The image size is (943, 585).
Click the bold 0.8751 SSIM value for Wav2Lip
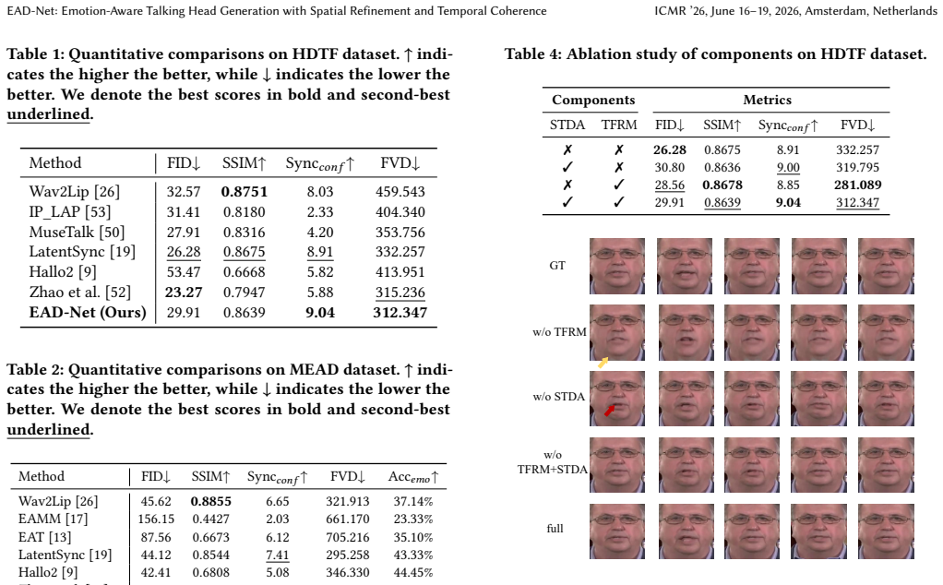[x=245, y=192]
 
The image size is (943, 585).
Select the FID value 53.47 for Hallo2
[x=184, y=272]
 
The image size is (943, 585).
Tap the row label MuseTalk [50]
[x=77, y=233]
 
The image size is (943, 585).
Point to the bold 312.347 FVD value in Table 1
[x=400, y=313]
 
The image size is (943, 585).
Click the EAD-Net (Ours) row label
[x=88, y=313]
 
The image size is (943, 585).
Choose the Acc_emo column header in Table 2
[x=413, y=477]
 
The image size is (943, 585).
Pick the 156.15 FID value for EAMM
[x=156, y=519]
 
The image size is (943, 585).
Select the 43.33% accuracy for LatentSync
[x=413, y=555]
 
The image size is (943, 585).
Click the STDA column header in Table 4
[x=567, y=125]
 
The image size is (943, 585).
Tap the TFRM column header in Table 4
[x=619, y=125]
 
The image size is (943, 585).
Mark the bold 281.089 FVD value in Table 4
[x=857, y=185]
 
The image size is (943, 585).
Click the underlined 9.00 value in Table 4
[x=788, y=168]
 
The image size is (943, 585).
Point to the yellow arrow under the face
[x=603, y=363]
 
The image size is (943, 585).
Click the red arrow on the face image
[x=610, y=410]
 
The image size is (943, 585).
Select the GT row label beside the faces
[x=557, y=266]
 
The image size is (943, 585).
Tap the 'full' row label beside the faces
[x=555, y=529]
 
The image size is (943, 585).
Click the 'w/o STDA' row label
[x=559, y=397]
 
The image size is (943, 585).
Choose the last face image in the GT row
[x=886, y=267]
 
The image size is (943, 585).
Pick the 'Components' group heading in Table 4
[x=593, y=101]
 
